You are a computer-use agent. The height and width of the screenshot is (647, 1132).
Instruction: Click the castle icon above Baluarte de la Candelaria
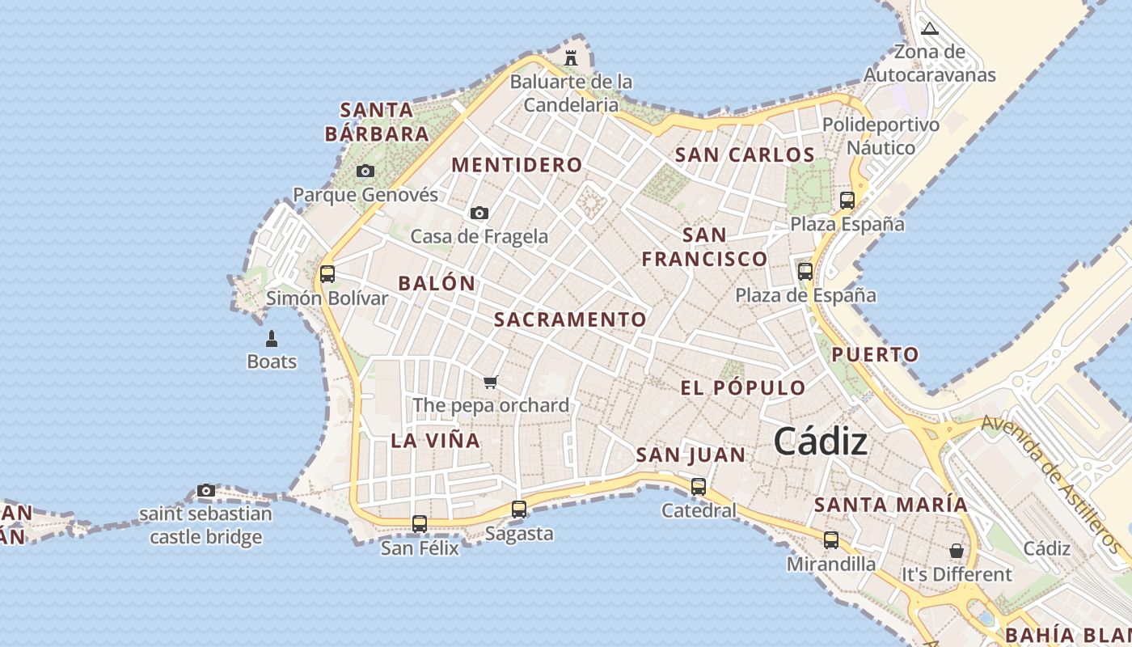click(x=571, y=58)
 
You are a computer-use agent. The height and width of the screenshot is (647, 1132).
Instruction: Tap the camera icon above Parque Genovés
click(x=365, y=171)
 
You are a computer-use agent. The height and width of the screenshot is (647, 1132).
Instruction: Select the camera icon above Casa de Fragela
click(x=479, y=213)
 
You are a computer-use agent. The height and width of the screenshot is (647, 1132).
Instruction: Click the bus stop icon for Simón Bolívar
click(x=327, y=273)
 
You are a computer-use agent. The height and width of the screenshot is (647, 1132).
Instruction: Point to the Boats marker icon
click(x=272, y=338)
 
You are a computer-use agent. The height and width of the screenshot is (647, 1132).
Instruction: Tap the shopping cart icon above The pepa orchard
click(x=491, y=382)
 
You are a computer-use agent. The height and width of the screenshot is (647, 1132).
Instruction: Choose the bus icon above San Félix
click(x=420, y=523)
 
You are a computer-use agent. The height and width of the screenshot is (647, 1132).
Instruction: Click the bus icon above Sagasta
click(x=519, y=509)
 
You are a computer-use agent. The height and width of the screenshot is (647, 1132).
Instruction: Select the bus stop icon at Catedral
click(x=699, y=486)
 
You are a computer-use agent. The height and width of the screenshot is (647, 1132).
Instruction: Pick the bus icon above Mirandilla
click(x=831, y=539)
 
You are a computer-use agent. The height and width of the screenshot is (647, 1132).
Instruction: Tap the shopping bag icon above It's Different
click(x=957, y=551)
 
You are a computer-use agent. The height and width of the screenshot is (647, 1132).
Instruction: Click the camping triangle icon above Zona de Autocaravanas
click(x=930, y=29)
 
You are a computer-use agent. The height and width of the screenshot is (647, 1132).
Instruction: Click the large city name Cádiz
click(x=821, y=442)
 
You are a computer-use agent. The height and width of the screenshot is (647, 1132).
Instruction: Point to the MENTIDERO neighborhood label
click(x=517, y=165)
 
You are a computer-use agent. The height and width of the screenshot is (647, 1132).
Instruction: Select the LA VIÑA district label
click(x=436, y=441)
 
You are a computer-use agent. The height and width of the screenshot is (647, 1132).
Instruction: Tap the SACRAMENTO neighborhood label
click(x=570, y=319)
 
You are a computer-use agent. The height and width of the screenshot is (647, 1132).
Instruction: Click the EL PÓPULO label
click(x=743, y=388)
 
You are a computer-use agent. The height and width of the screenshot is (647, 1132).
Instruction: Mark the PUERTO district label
click(x=875, y=354)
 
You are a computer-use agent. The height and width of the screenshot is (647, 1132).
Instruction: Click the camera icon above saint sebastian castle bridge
click(x=206, y=490)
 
